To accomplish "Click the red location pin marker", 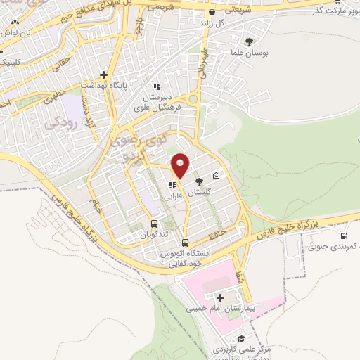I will coord(181,166).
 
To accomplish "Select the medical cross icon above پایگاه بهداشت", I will coord(103,74).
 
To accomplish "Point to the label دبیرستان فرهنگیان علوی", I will coord(162,103).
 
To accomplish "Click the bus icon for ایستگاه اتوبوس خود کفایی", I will coord(186,243).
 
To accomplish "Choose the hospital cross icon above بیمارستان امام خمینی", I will coord(222,298).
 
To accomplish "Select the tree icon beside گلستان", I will coord(199,181).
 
